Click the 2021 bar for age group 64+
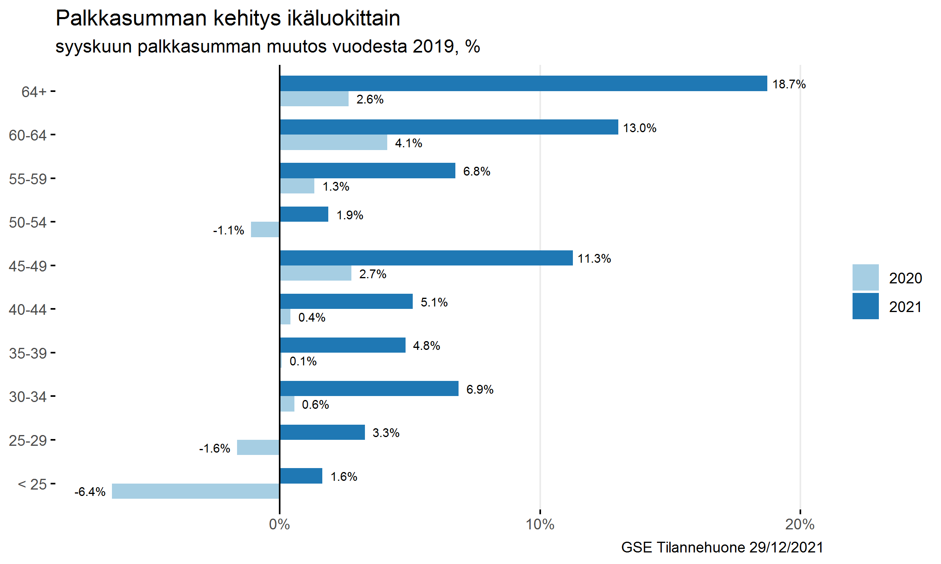[523, 84]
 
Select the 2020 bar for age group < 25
[196, 491]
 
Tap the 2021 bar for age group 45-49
[426, 258]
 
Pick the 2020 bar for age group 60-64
[333, 142]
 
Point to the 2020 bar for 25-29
[258, 447]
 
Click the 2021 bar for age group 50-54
[304, 214]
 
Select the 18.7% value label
[789, 84]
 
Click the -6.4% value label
[90, 492]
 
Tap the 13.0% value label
[639, 128]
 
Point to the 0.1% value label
[303, 361]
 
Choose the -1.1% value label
[228, 230]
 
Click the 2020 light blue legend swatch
[865, 277]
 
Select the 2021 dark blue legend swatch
[865, 306]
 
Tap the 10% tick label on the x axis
[540, 525]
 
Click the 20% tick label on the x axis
[800, 525]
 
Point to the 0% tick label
[279, 525]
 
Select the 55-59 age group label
[28, 179]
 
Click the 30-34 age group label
[28, 397]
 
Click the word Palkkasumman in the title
[131, 18]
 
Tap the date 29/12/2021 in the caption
[786, 548]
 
